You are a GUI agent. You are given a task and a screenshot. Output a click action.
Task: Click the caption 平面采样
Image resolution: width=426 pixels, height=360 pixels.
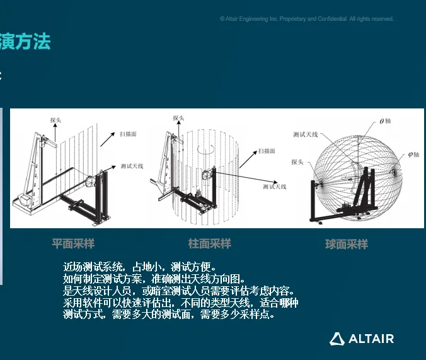point(73,243)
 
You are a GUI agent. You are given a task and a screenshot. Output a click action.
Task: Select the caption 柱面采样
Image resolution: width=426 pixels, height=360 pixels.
point(210,243)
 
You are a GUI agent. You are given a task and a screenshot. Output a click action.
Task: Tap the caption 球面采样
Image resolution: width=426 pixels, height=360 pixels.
point(347,244)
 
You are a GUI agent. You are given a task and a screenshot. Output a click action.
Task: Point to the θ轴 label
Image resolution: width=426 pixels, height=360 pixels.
point(385,121)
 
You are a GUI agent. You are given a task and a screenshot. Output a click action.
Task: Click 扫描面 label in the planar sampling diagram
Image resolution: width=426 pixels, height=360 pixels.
point(128,134)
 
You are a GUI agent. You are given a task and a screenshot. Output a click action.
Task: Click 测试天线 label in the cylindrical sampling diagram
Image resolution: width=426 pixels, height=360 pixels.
point(275,187)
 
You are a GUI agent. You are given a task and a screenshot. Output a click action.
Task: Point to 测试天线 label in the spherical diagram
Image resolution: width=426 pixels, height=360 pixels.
point(305,134)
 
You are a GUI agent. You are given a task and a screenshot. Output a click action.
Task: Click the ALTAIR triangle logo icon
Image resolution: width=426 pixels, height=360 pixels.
point(337,339)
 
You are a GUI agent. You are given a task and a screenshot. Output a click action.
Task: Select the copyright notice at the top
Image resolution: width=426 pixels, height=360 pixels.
point(307,19)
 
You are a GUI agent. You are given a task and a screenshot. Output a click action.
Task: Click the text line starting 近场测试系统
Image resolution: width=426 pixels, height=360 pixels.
point(139,267)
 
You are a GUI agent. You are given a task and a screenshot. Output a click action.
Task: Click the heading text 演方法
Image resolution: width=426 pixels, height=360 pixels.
point(25,42)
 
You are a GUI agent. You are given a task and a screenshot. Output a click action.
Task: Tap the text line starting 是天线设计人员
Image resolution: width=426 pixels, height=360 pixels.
point(178,291)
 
